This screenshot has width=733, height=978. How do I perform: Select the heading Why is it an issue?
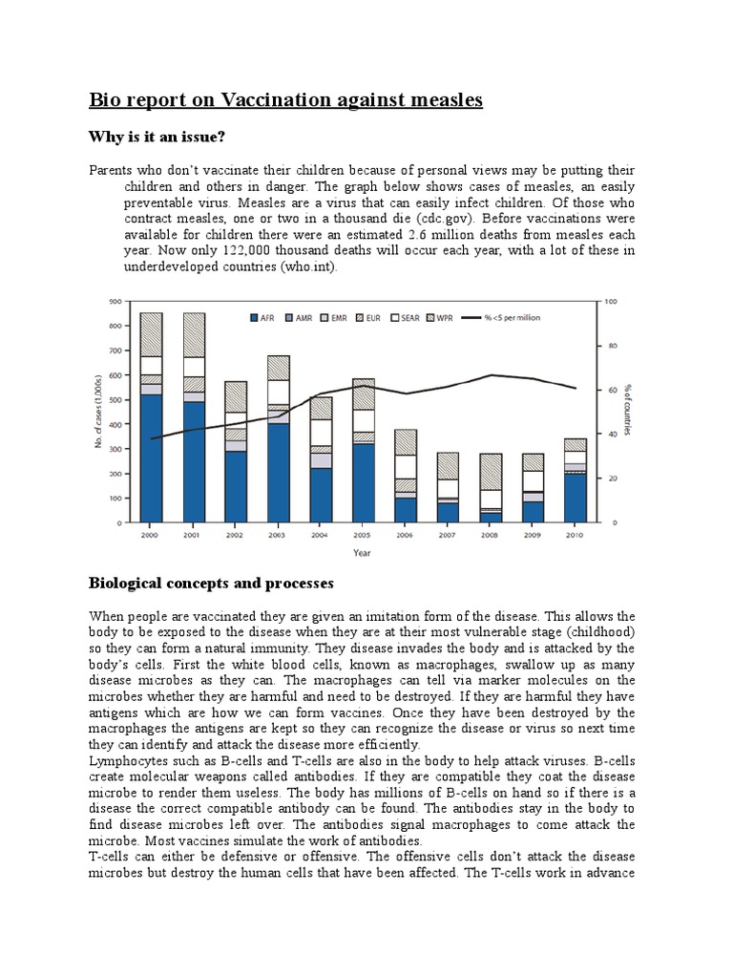point(157,137)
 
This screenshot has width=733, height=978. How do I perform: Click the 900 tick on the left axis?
point(115,302)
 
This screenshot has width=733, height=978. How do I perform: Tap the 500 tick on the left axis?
point(115,400)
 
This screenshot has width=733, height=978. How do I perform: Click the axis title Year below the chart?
point(361,551)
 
